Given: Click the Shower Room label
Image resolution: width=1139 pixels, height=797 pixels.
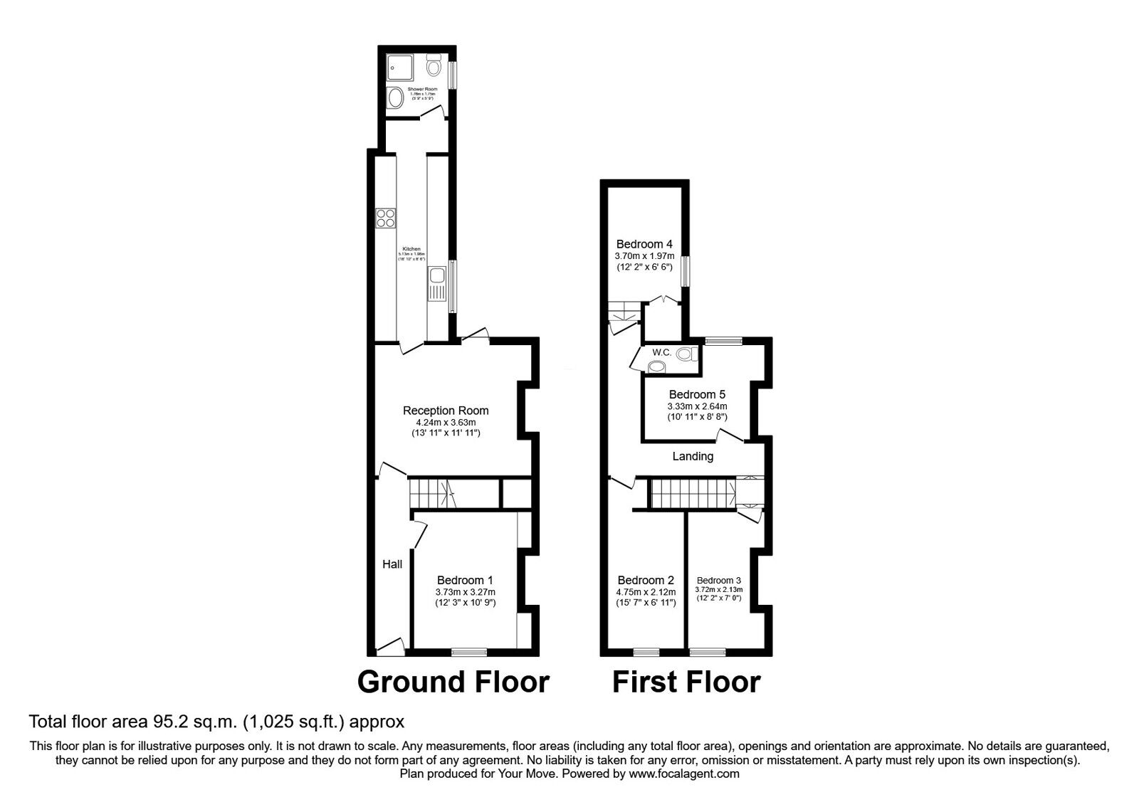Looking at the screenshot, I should [421, 90].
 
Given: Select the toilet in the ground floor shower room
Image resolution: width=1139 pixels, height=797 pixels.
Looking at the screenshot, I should [433, 68].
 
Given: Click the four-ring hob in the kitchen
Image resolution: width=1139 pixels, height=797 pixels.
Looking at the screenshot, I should [386, 218].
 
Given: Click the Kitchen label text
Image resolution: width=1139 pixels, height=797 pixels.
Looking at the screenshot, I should [411, 249].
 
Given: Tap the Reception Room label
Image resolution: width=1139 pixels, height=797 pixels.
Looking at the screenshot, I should [446, 411].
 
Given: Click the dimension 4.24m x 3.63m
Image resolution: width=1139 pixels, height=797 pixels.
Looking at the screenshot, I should [446, 422].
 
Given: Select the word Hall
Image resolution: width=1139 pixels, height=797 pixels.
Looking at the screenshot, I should [392, 564].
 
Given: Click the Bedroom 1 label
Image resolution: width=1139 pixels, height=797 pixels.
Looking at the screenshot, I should [465, 580].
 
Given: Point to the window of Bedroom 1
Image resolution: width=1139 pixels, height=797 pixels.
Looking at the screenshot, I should [469, 651].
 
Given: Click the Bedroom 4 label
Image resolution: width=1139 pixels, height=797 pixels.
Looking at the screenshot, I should [644, 243].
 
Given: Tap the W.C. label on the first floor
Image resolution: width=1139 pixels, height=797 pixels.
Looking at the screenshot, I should [662, 352].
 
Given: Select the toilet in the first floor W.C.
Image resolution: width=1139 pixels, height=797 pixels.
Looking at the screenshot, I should [685, 354].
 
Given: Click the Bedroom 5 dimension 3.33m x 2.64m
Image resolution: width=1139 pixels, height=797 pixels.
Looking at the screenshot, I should [697, 406].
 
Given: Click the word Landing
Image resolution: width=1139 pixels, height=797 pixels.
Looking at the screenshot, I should [693, 457].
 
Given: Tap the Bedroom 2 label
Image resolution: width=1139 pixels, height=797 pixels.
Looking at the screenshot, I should [646, 580].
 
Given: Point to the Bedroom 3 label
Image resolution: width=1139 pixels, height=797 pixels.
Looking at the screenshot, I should [719, 580].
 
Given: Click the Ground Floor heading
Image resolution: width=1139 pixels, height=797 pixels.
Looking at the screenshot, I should [453, 682].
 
